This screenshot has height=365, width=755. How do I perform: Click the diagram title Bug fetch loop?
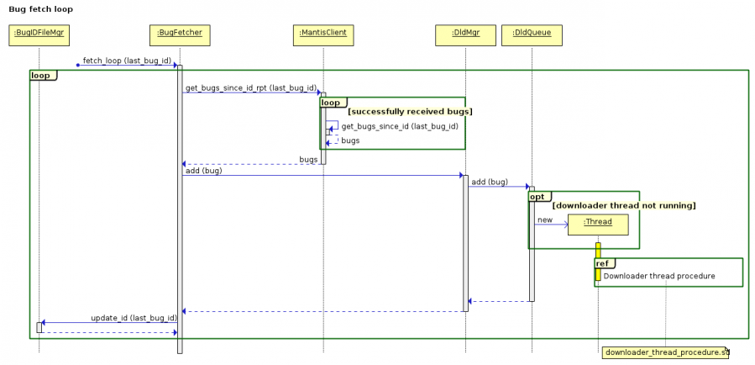[40, 9]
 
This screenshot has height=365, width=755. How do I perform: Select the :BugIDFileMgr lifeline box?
[39, 35]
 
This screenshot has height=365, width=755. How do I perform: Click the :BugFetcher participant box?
[179, 35]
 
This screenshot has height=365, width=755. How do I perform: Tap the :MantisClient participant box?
[323, 35]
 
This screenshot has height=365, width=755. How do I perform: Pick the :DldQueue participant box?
[532, 35]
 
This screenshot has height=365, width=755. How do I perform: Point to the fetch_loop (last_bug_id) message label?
[127, 61]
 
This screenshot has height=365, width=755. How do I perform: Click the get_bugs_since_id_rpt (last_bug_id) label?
[250, 87]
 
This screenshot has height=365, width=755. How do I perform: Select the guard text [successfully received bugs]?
[410, 111]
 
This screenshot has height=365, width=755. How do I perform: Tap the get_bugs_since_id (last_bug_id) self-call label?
[399, 126]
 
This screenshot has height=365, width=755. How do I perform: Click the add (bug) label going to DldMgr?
[202, 171]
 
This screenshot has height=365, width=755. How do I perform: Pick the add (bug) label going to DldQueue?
[490, 182]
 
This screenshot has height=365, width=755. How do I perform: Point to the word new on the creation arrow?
[545, 220]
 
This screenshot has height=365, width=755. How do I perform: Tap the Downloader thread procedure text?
[659, 276]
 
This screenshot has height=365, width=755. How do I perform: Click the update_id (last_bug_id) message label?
[134, 318]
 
